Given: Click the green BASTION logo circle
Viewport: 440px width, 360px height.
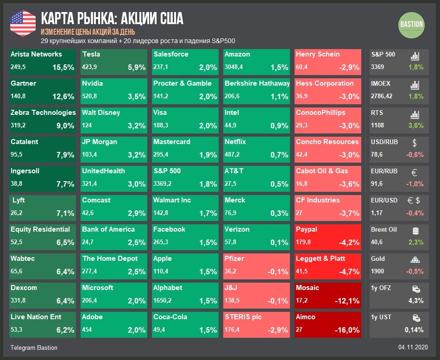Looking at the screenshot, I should (x=411, y=25).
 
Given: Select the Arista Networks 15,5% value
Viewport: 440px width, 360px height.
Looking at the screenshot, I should (x=63, y=67).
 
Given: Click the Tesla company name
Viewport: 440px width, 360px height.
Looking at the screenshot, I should (x=91, y=54).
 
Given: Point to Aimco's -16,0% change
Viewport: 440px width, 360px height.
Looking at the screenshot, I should (x=347, y=330).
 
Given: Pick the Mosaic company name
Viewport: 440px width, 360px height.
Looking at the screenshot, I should (x=308, y=288).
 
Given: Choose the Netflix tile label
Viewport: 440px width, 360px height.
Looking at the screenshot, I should (x=235, y=142).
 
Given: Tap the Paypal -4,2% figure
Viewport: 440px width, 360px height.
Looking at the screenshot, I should (x=347, y=242).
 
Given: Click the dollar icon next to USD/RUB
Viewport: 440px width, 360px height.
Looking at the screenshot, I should (x=415, y=143).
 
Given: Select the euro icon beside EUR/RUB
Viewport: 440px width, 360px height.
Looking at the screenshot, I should (x=415, y=172).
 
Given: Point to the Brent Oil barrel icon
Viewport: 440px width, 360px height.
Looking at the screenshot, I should (x=415, y=230).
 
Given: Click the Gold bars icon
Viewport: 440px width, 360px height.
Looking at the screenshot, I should (x=415, y=259).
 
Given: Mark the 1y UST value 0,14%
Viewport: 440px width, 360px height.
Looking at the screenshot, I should (x=414, y=330).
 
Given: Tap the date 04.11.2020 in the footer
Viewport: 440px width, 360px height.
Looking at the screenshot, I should (x=413, y=347).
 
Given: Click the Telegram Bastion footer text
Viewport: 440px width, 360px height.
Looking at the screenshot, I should (x=34, y=347).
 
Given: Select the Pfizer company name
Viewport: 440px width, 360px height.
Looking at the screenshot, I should (x=234, y=259).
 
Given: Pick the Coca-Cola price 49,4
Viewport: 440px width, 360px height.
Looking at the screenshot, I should (x=160, y=330).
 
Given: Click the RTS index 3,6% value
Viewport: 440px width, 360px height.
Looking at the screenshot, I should (x=416, y=126).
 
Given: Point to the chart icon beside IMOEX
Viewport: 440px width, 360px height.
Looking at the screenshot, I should (x=415, y=85).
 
